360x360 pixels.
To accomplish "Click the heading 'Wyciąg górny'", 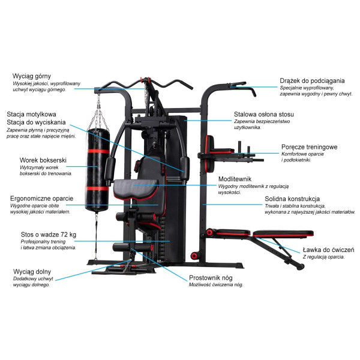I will tap(33, 76).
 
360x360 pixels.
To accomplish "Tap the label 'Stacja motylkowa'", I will tap(32, 113).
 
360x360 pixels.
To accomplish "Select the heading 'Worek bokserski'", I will tap(42, 160).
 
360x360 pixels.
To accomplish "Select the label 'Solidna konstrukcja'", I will tap(292, 199).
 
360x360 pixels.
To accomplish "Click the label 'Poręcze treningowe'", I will tap(309, 147).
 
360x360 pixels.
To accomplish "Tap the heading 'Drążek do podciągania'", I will tap(313, 80).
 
